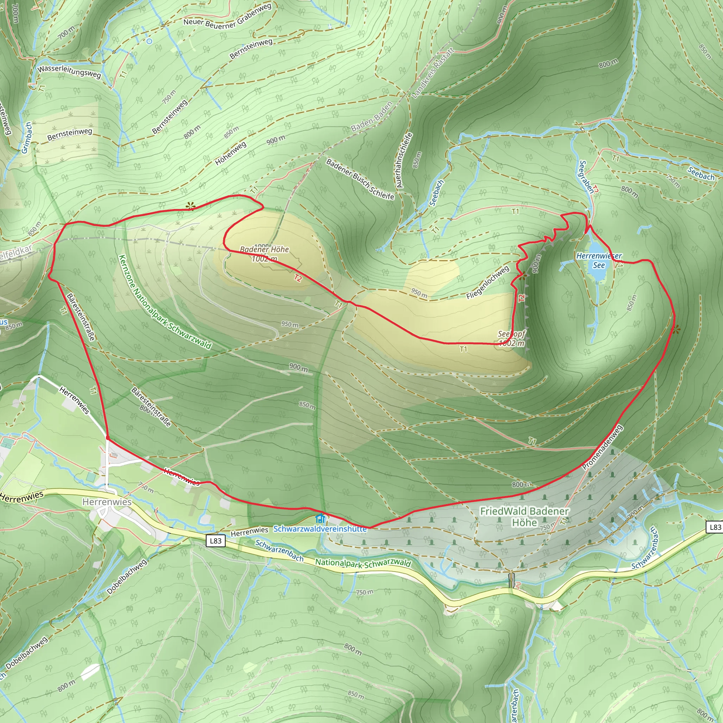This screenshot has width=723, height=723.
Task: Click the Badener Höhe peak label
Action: click(x=264, y=250)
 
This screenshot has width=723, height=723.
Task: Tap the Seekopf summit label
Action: click(x=511, y=334)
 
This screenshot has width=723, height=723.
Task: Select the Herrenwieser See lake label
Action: click(x=599, y=261)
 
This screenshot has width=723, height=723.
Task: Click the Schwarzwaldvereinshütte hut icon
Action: click(x=320, y=519)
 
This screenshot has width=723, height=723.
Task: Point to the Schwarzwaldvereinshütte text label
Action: click(x=320, y=529)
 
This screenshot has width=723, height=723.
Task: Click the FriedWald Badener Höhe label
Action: click(x=524, y=516)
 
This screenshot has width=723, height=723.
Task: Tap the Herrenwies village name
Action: click(x=107, y=502)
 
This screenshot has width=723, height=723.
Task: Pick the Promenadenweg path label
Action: click(x=602, y=447)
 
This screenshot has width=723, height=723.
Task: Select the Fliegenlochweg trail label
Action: click(x=488, y=282)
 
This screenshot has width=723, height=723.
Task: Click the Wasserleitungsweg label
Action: click(x=69, y=71)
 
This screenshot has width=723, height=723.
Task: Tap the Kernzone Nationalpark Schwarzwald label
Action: click(x=165, y=302)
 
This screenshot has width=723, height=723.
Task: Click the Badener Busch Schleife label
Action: click(x=360, y=179)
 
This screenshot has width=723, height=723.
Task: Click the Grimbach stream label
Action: click(x=26, y=138)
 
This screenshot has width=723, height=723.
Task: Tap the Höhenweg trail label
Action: click(x=231, y=154)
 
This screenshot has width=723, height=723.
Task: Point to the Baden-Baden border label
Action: click(x=372, y=116)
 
